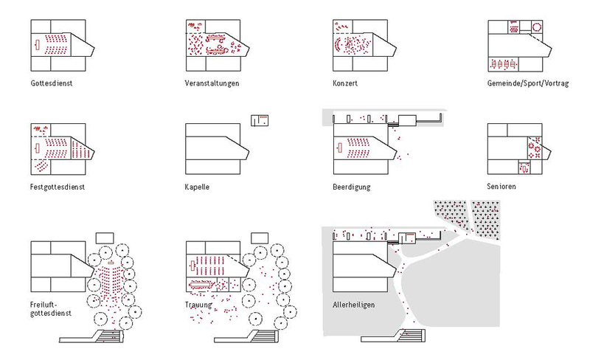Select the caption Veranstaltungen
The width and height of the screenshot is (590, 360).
(212, 83)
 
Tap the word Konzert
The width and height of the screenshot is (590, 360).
(345, 83)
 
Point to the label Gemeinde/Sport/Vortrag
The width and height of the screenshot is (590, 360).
(528, 83)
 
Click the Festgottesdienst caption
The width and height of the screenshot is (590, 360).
(58, 187)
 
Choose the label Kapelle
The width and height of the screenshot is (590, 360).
(197, 187)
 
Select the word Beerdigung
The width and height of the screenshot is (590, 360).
(351, 187)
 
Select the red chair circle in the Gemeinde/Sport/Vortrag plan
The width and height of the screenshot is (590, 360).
(536, 27)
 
